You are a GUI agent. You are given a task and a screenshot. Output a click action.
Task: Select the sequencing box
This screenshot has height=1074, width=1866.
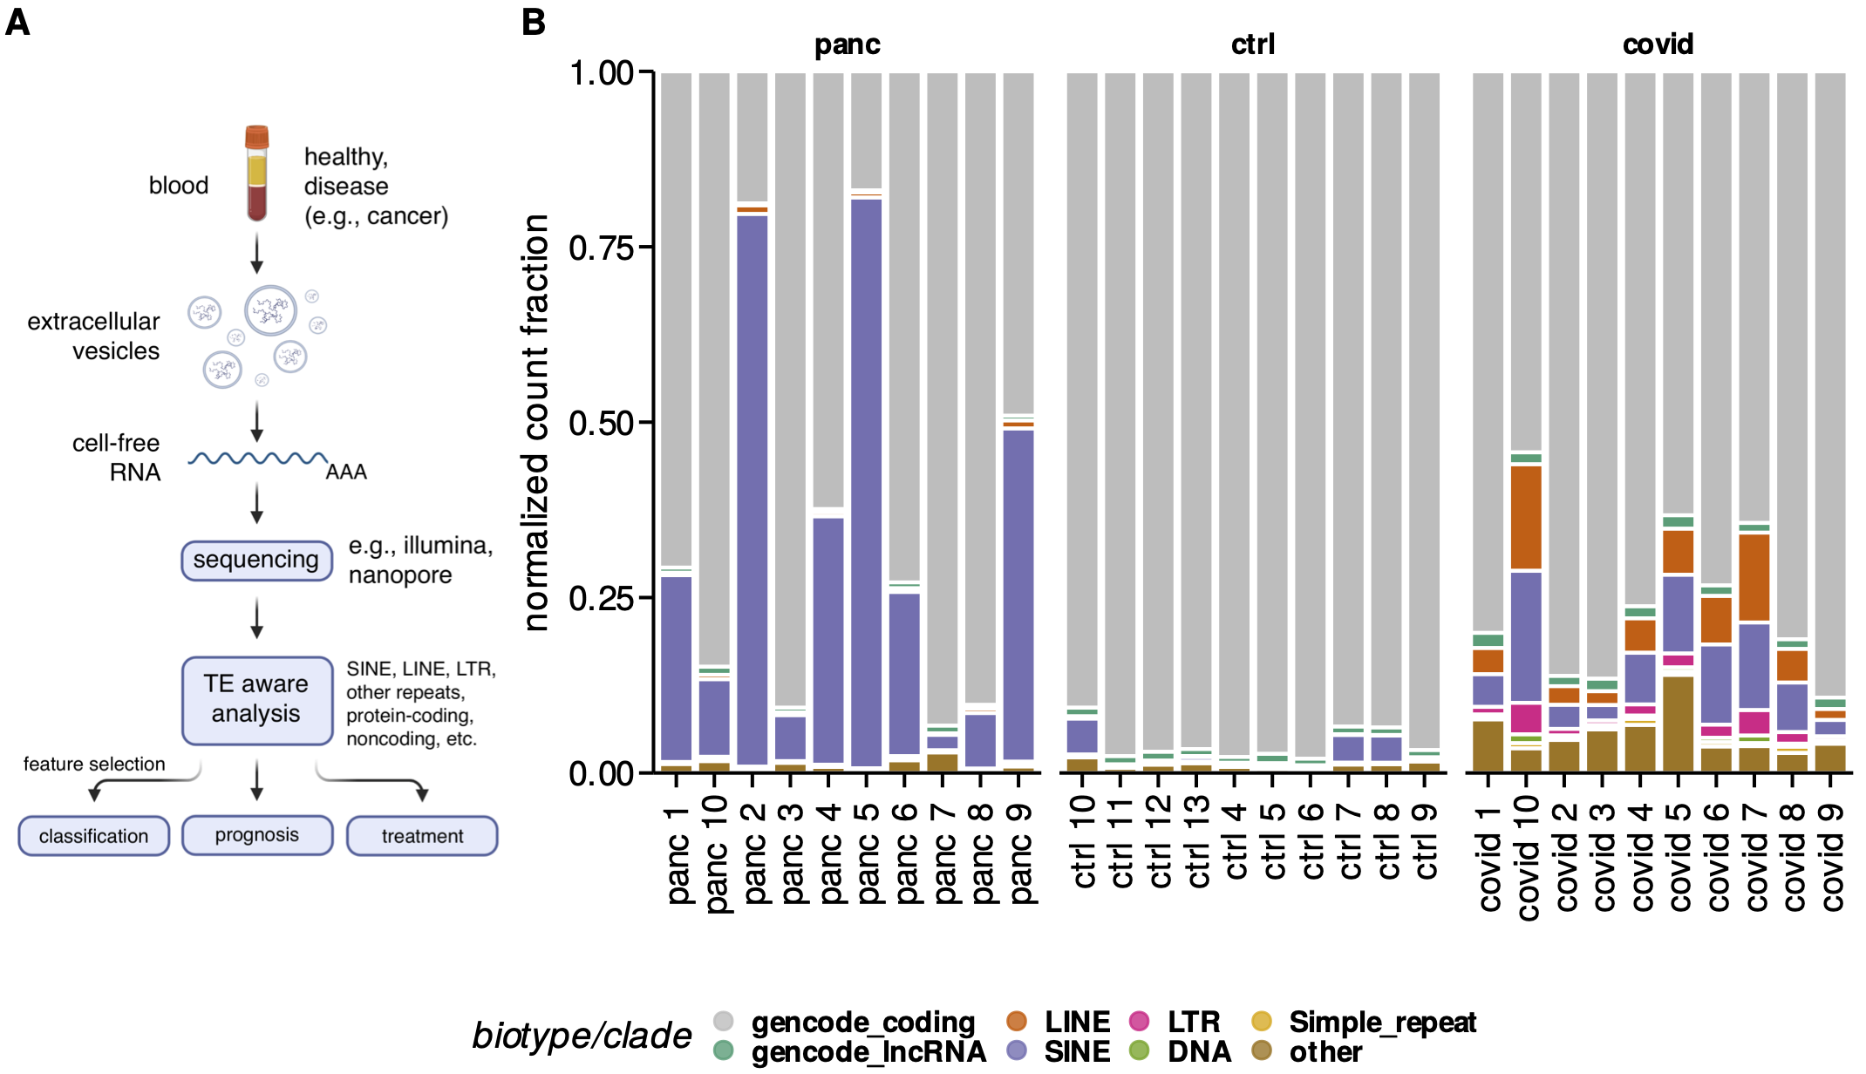256,560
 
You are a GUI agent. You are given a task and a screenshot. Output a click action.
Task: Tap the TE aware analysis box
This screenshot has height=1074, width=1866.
256,699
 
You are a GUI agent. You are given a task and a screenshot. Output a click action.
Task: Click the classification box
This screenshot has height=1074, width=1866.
93,835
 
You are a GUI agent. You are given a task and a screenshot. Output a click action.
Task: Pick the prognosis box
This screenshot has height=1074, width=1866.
256,835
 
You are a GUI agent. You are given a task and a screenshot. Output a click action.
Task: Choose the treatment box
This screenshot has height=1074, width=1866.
422,835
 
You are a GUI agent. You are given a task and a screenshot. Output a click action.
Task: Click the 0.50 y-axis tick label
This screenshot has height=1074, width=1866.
601,424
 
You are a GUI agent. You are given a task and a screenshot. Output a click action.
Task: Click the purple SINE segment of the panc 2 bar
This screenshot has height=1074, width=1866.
752,488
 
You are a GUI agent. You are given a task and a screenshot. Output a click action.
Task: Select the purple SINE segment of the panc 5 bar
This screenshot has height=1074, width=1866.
866,479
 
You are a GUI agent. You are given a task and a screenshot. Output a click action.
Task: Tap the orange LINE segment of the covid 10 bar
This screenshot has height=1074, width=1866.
1526,517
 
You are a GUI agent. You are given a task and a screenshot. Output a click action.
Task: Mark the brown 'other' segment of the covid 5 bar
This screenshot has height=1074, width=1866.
1678,724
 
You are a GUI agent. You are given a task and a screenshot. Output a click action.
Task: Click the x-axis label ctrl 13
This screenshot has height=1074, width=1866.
1197,841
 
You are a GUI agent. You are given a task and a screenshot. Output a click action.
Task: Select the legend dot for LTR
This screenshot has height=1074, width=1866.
1139,1021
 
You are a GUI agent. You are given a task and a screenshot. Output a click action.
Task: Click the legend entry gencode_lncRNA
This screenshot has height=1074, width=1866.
868,1051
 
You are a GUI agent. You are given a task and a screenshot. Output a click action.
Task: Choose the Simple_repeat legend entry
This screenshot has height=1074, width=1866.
1381,1021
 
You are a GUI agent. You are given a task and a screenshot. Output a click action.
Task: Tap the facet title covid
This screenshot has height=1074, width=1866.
1658,44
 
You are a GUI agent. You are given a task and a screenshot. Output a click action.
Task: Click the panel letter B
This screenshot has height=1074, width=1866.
533,22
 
